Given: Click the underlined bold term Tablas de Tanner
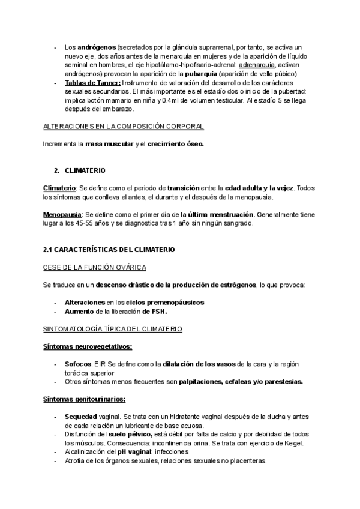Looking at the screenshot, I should pyautogui.click(x=92, y=83).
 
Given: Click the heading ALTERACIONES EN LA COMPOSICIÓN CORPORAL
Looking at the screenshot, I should pyautogui.click(x=124, y=127).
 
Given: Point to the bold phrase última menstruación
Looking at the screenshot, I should pyautogui.click(x=223, y=214).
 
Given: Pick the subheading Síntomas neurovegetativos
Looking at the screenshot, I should pyautogui.click(x=88, y=346).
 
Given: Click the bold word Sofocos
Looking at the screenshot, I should pyautogui.click(x=78, y=364).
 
